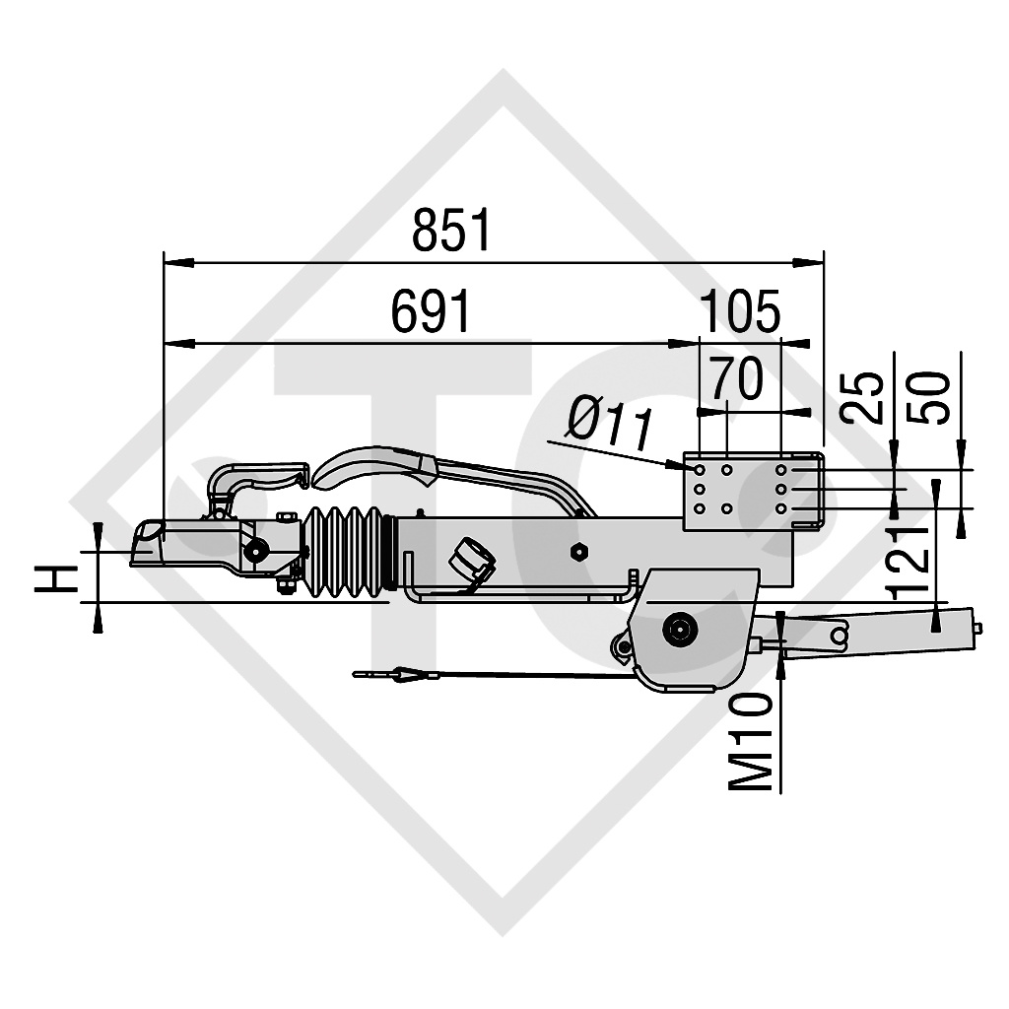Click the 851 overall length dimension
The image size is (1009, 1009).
pos(450,233)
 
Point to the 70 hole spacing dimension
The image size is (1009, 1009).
pos(736,380)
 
